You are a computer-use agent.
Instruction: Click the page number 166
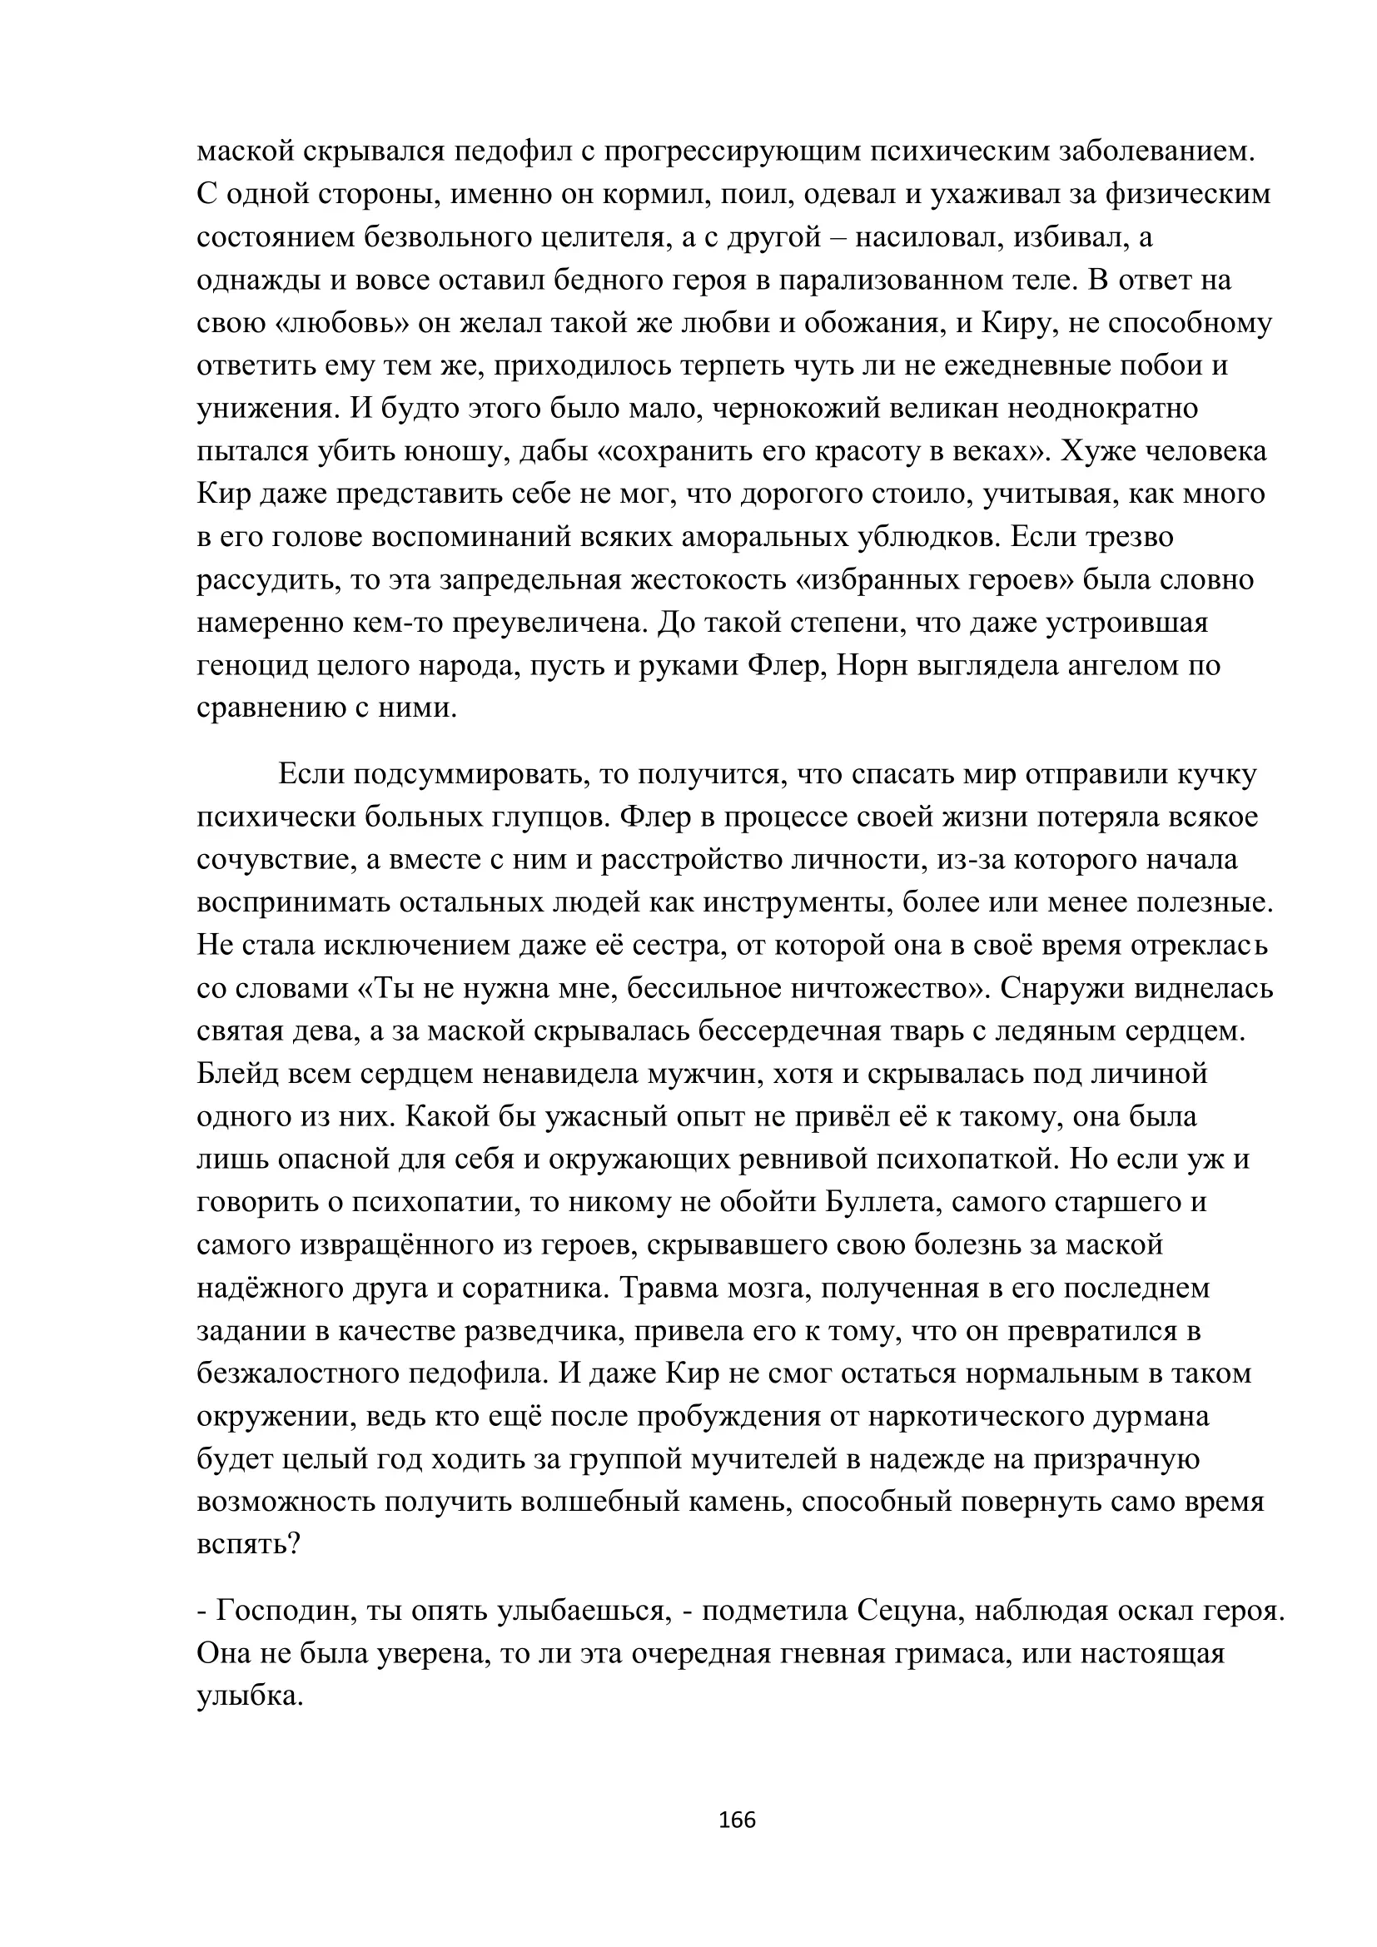click(736, 1819)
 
